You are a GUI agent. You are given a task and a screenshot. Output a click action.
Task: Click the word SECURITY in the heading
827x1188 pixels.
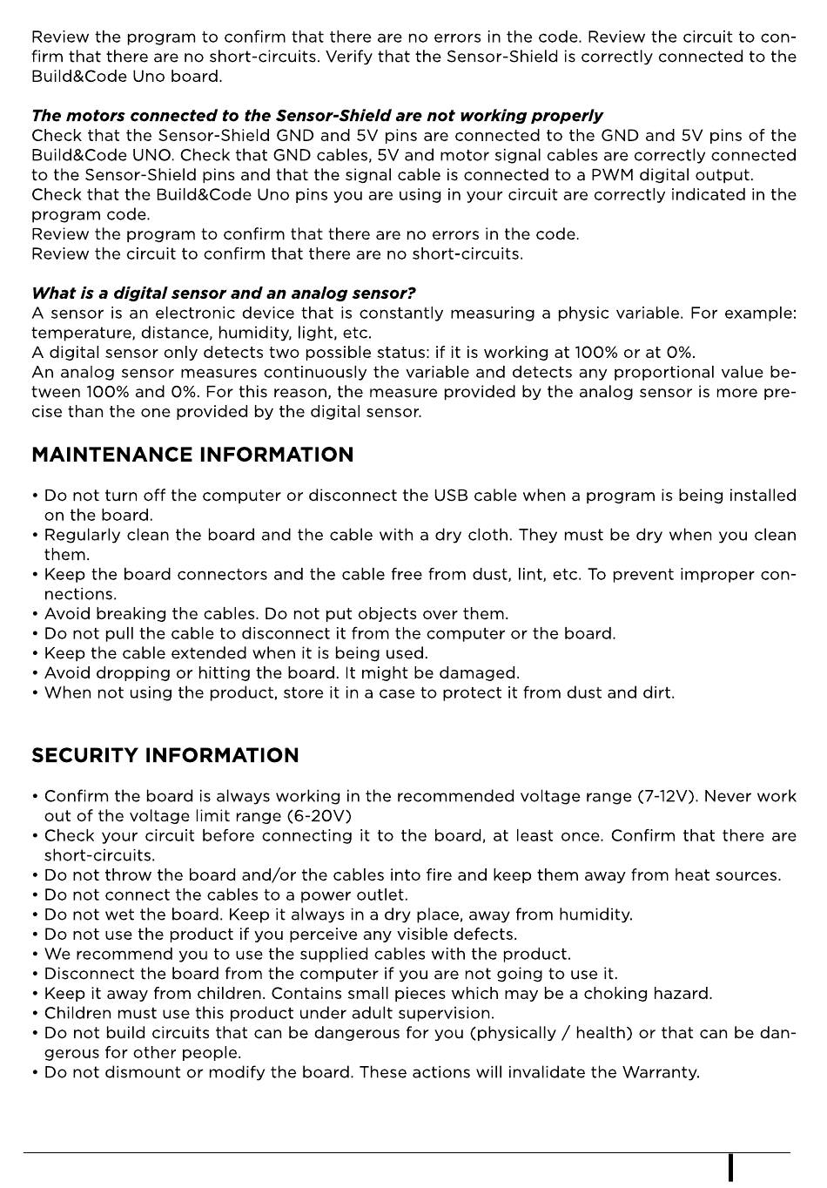click(x=84, y=755)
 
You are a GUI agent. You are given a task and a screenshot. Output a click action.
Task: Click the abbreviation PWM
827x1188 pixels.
click(x=613, y=175)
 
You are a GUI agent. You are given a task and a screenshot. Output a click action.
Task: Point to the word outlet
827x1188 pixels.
click(x=385, y=894)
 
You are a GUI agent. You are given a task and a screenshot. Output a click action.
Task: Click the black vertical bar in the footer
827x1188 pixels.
click(x=730, y=1167)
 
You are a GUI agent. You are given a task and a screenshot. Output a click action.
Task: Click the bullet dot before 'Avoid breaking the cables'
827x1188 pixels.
click(x=35, y=615)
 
